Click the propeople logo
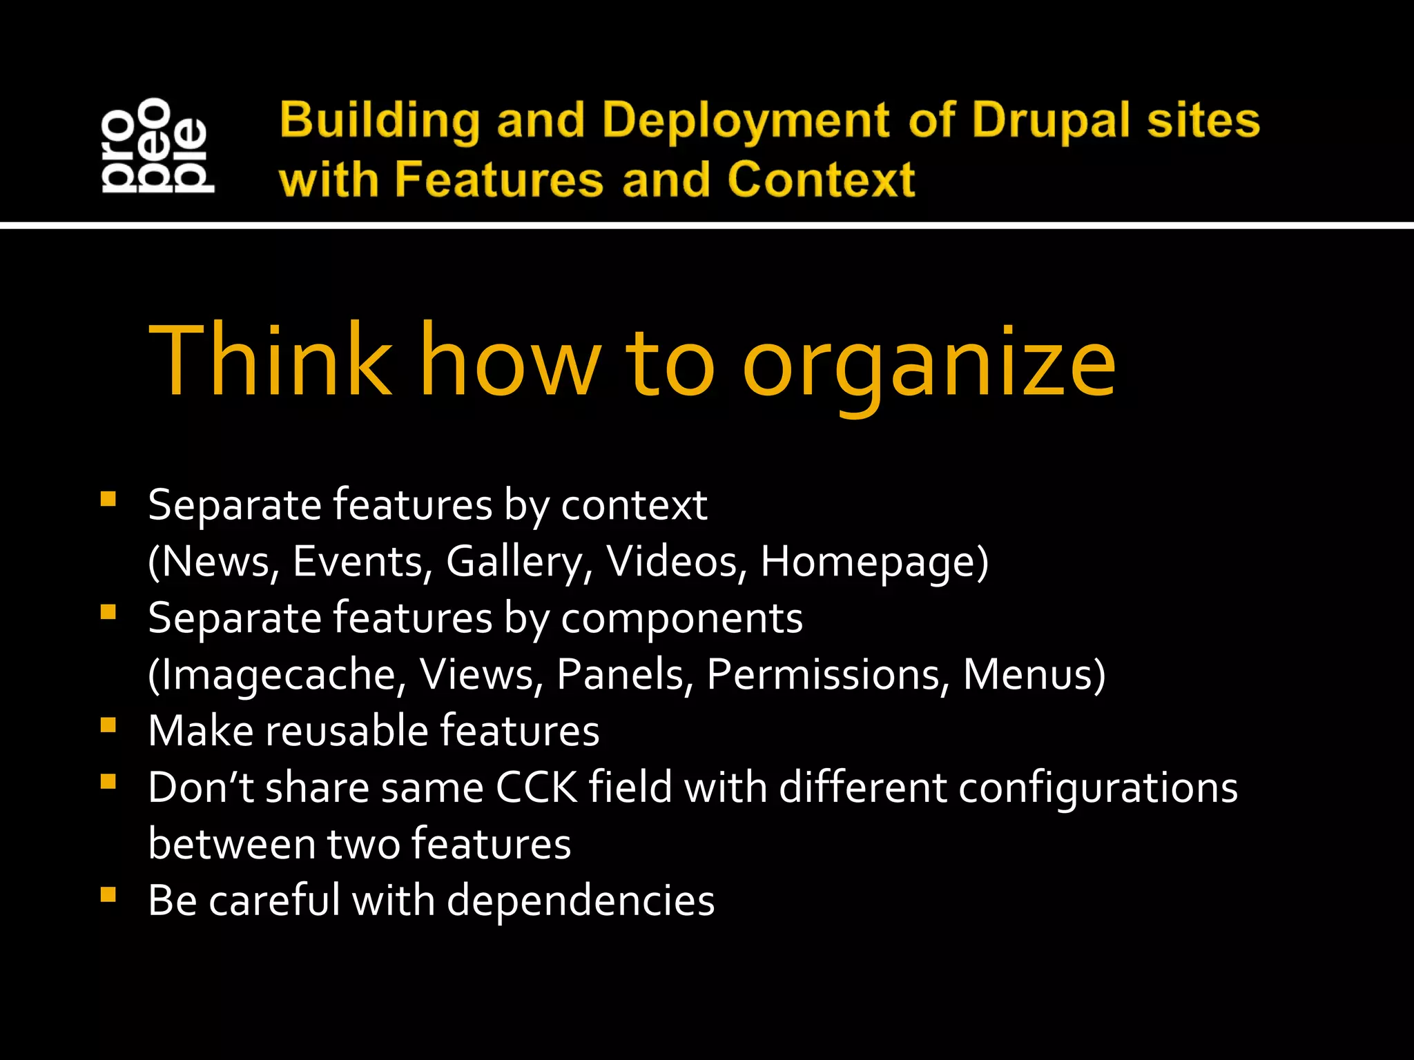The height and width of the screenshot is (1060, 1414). point(157,146)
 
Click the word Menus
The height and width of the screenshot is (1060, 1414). point(1033,674)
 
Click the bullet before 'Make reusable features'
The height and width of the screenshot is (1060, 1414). point(108,725)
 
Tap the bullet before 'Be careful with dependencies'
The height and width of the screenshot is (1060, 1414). point(108,894)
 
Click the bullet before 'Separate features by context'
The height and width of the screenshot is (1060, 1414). point(108,498)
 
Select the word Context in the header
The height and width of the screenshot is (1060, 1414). point(821,180)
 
